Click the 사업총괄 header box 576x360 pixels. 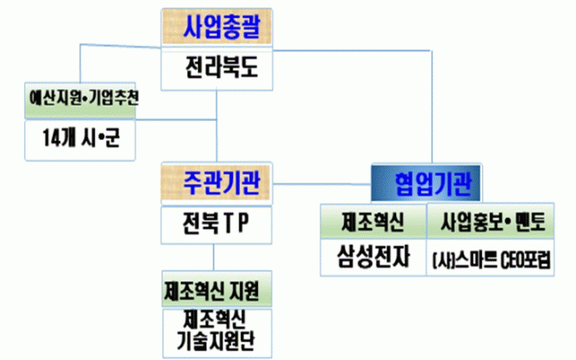[x=216, y=27]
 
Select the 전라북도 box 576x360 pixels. [x=216, y=67]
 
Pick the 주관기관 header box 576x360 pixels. [x=217, y=182]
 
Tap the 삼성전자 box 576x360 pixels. [x=372, y=258]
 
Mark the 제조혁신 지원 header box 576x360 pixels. [x=217, y=289]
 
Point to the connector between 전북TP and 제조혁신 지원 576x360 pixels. [x=217, y=257]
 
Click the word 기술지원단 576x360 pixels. [x=217, y=339]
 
